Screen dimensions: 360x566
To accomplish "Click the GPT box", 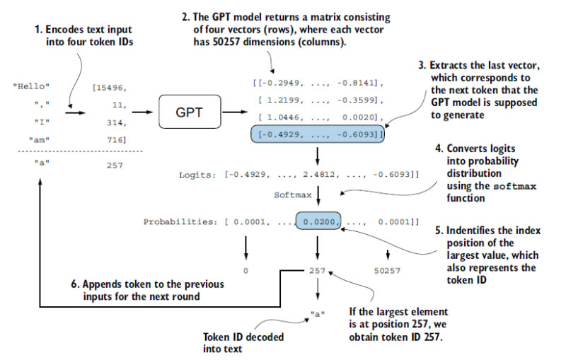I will coord(189,112).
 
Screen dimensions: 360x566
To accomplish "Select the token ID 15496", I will coord(109,88).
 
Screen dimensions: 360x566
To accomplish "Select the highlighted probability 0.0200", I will coord(318,222).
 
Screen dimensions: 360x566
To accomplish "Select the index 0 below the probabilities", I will coord(246,270).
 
